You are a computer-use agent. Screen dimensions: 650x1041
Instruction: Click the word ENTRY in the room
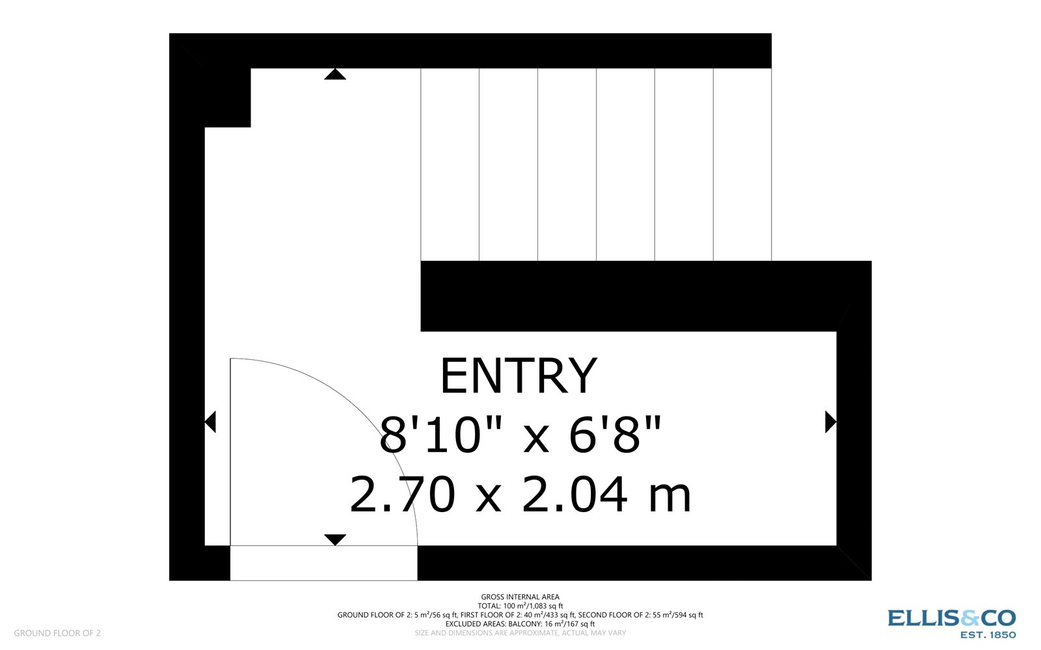coord(519,376)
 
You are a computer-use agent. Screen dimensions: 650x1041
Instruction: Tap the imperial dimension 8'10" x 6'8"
coord(520,435)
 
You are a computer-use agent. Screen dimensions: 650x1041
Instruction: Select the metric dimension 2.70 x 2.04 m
coord(520,495)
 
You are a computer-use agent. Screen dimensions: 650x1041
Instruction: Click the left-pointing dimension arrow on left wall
coord(210,422)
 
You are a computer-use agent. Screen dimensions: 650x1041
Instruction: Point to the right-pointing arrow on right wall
coord(830,422)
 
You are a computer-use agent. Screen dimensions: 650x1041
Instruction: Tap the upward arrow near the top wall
coord(335,74)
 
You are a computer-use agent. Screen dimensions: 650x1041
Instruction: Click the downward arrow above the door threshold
coord(335,539)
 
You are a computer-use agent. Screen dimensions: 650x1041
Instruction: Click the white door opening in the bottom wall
coord(323,563)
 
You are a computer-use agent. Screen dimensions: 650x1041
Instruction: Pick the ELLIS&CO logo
coord(951,617)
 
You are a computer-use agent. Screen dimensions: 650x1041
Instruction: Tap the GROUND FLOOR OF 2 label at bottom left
coord(57,633)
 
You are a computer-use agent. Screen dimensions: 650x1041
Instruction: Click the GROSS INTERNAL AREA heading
coord(520,597)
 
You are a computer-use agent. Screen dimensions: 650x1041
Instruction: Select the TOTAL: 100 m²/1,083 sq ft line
coord(520,606)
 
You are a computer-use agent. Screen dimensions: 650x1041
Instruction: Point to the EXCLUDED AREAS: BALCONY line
coord(520,624)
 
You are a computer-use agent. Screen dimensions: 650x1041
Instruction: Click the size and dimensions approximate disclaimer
coord(520,632)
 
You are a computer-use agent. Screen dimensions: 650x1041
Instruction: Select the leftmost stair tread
coord(450,164)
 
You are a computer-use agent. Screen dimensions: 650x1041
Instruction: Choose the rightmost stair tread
coord(742,164)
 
